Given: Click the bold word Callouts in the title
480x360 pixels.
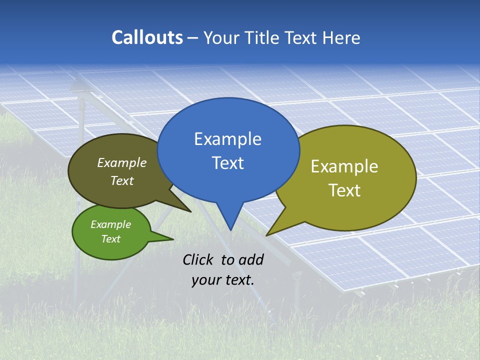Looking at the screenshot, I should click(147, 38).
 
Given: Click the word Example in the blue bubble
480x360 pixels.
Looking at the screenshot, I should click(227, 139).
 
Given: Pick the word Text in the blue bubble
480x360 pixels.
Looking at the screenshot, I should click(227, 163).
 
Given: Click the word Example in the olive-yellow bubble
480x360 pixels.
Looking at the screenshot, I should click(344, 166).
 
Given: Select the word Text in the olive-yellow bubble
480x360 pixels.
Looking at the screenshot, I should click(344, 190).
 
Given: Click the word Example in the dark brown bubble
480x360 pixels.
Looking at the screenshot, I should click(121, 162).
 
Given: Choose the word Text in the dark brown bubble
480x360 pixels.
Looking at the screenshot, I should click(121, 180).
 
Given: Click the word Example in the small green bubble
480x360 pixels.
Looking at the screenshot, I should click(110, 224).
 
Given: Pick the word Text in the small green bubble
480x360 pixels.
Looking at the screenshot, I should click(110, 239).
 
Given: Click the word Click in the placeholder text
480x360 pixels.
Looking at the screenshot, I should click(199, 259).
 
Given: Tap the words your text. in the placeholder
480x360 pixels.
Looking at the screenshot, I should click(222, 280).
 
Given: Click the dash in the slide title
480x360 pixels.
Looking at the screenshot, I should click(193, 38).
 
